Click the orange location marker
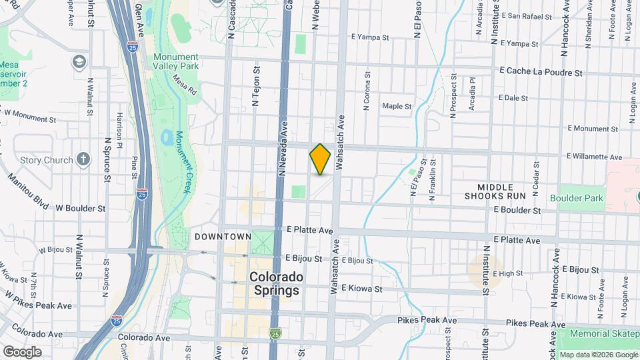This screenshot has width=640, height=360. (320, 159)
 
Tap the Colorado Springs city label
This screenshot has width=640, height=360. (276, 283)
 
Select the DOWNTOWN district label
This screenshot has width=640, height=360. (223, 237)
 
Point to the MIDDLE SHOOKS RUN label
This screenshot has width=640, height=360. (501, 191)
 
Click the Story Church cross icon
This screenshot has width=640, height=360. (83, 159)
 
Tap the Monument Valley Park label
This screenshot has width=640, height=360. (176, 62)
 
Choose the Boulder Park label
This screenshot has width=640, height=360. (577, 198)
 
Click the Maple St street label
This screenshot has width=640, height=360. (397, 106)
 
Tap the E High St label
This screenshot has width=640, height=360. (510, 273)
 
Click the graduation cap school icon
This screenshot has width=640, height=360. (79, 62)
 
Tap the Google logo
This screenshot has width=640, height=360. (21, 352)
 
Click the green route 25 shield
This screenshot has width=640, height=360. (275, 332)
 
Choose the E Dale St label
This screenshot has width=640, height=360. (511, 98)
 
